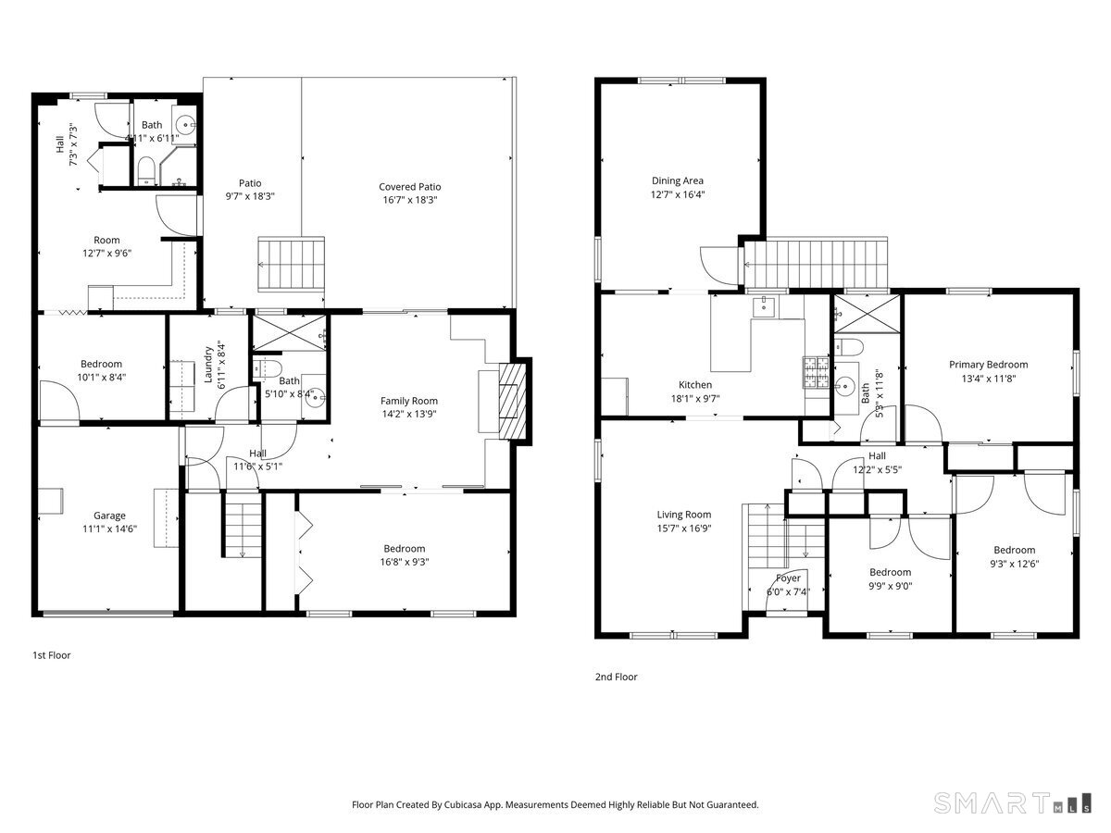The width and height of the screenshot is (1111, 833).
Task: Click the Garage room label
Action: pos(109,516)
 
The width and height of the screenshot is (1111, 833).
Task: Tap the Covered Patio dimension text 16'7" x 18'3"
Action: pos(409,199)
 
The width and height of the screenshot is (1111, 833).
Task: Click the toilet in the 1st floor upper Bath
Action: pos(146,170)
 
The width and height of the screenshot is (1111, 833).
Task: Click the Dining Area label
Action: pos(678,180)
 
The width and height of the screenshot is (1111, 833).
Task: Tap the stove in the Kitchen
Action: pos(814,371)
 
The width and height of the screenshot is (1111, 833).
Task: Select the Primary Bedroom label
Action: pos(988,364)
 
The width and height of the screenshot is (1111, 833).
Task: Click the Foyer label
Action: pos(788,578)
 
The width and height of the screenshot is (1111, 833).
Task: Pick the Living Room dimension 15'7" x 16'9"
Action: pos(684,528)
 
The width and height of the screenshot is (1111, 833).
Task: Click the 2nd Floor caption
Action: pos(616,677)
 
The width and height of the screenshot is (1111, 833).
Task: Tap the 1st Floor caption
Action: pos(52,654)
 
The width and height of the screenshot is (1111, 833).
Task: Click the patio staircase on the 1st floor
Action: pos(291,263)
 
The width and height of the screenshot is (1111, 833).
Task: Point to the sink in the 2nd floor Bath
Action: pos(844,385)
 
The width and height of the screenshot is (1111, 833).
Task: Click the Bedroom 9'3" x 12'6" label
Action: pos(1014,550)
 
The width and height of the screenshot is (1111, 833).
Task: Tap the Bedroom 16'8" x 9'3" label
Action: pos(405,548)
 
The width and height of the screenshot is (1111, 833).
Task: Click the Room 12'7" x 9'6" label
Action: pos(106,240)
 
